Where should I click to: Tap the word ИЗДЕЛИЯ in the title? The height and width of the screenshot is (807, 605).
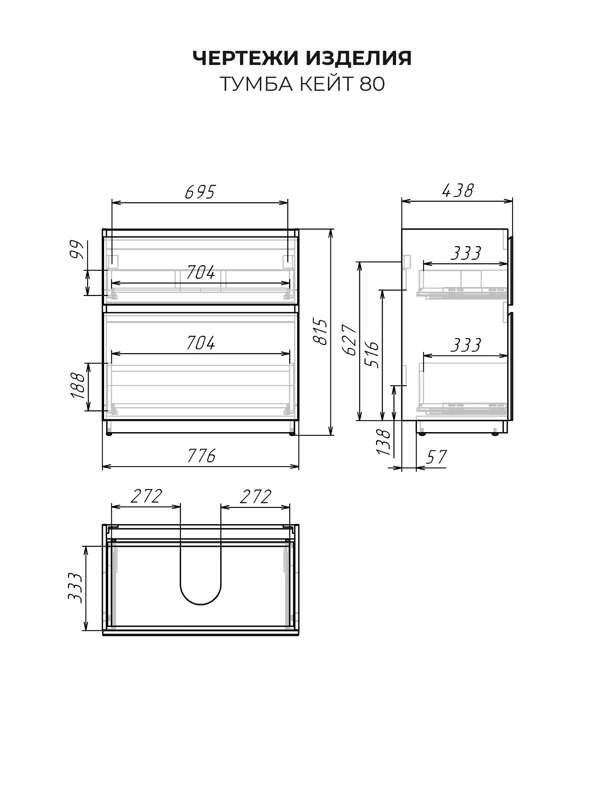359,58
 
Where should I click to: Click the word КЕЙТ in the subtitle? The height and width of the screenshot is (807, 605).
325,84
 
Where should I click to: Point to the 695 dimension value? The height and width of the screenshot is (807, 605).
200,192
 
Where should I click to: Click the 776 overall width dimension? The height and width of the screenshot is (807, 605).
201,456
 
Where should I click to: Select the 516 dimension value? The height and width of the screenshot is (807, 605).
371,354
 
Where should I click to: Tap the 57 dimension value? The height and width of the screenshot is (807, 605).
437,457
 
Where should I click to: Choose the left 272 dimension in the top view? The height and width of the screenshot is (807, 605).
146,497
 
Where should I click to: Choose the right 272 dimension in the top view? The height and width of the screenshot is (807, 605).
255,497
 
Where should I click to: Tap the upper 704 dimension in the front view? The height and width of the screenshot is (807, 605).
200,274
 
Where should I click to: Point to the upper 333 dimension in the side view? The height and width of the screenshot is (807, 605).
466,254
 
